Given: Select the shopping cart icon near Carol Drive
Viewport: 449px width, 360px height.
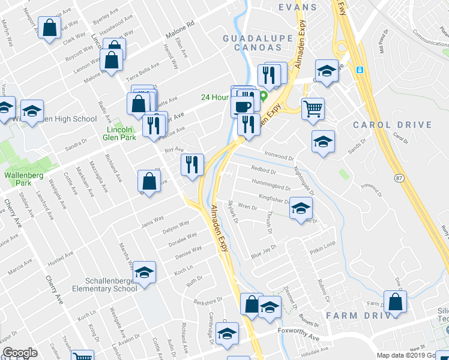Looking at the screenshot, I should point(313,110).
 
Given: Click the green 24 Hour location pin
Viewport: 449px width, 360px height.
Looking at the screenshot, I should point(263,96).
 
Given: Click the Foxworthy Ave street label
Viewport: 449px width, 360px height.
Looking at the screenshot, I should point(298,337).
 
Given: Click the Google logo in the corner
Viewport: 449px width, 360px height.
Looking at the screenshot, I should point(20,353).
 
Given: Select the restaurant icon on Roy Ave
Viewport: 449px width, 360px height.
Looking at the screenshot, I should point(192,164).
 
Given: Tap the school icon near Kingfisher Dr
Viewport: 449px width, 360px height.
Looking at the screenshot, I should point(301,208).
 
